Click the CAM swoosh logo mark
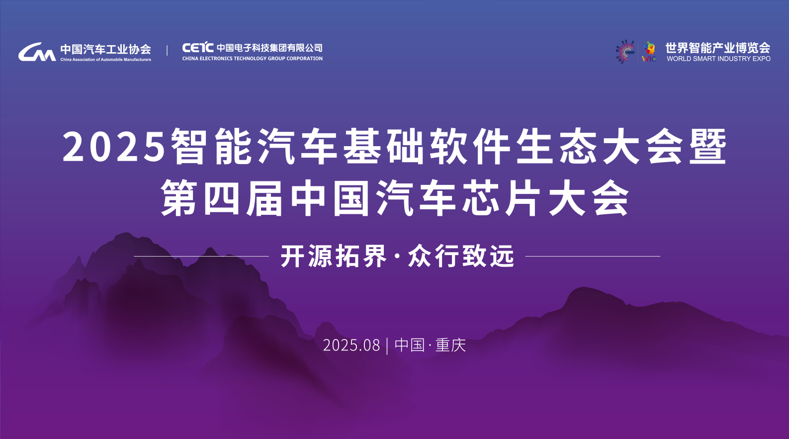tap(37, 52)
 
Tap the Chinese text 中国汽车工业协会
tap(106, 49)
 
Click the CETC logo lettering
tap(197, 47)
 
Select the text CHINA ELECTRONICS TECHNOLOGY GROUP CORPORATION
tap(252, 59)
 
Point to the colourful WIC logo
tap(649, 52)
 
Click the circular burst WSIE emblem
tap(625, 52)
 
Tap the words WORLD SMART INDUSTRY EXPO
tap(718, 59)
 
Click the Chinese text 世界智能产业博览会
tap(718, 48)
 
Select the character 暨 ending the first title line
tap(708, 146)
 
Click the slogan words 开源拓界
tap(334, 256)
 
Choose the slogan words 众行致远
tap(461, 256)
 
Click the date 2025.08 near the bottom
tap(351, 345)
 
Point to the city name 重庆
tap(451, 345)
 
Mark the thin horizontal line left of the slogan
tap(201, 256)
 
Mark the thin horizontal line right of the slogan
tap(593, 256)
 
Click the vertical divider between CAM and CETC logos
tap(167, 50)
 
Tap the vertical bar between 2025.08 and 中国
tap(387, 346)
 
